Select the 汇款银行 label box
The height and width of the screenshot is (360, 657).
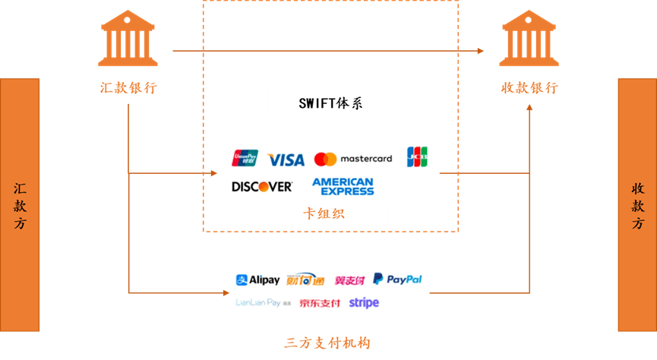click(128, 87)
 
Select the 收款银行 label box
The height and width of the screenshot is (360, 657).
click(529, 87)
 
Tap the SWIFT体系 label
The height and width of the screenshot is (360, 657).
click(331, 103)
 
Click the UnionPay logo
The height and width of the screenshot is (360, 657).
click(245, 158)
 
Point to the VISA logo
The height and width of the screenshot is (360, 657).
click(286, 159)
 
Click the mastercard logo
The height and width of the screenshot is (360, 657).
click(353, 159)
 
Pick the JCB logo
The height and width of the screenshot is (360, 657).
click(417, 157)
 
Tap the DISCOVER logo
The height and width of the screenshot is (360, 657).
click(261, 186)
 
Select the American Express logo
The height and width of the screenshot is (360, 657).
click(343, 186)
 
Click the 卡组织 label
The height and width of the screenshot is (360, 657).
click(324, 214)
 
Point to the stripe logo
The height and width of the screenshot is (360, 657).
click(364, 302)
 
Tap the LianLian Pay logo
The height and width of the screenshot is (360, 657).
click(263, 302)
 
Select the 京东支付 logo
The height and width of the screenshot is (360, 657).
click(319, 303)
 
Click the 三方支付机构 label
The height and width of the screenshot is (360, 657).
click(327, 343)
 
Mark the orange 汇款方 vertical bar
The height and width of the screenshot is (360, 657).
click(20, 205)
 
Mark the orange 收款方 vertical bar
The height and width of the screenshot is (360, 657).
click(637, 205)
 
